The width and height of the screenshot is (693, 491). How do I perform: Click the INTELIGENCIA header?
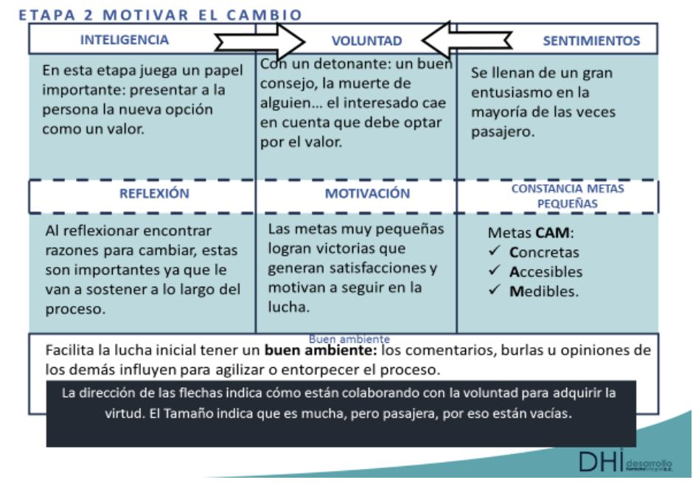[x=125, y=40]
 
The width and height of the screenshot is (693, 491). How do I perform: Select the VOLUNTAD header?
[x=366, y=41]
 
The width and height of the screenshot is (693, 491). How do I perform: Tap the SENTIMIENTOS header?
[x=591, y=41]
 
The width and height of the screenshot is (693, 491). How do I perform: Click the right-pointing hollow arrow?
[x=259, y=39]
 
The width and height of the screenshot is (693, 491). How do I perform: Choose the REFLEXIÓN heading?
[x=154, y=194]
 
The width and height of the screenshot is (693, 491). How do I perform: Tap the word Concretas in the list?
[x=544, y=252]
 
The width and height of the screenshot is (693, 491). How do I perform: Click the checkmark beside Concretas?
[x=495, y=252]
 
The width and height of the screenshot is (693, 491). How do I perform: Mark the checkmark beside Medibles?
[x=495, y=290]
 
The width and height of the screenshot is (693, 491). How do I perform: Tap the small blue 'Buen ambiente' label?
[x=349, y=339]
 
